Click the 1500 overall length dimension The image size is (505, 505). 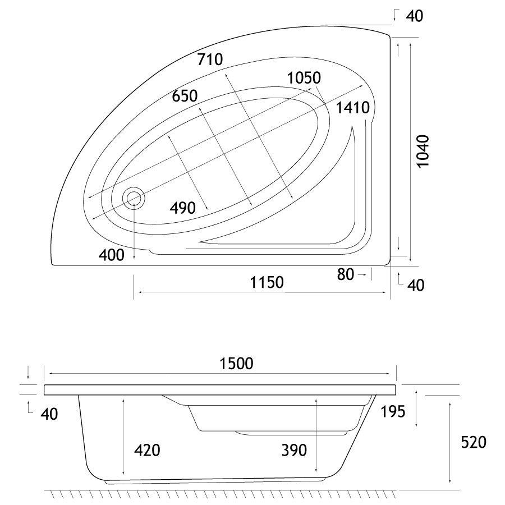[236, 364]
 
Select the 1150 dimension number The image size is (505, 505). [267, 282]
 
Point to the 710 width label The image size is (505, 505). [210, 59]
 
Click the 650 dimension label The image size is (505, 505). [185, 96]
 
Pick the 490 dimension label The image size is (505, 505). [182, 208]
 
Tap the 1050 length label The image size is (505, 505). [304, 77]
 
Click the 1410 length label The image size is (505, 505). [353, 107]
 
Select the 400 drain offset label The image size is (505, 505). [112, 255]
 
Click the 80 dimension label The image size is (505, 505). [346, 274]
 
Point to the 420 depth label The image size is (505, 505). [147, 450]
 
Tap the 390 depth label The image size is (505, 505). [294, 450]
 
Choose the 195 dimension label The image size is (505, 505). [393, 412]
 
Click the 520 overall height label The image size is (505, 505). [474, 442]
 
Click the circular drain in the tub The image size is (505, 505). [134, 199]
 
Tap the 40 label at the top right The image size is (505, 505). [414, 16]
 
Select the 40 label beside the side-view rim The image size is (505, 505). [49, 414]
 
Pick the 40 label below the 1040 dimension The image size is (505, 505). [415, 285]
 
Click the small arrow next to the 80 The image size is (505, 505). [362, 274]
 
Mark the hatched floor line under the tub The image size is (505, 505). [221, 493]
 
